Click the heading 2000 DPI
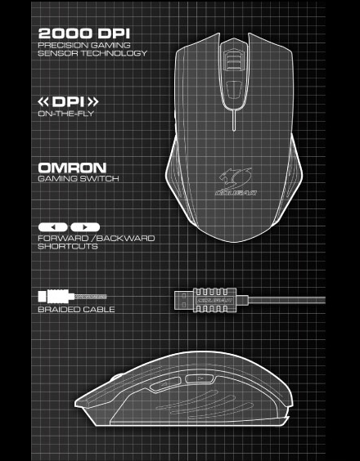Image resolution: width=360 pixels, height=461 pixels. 84,34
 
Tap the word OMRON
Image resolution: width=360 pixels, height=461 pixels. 72,168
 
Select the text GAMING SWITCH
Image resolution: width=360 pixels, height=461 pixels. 79,178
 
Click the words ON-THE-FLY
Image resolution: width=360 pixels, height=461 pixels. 66,114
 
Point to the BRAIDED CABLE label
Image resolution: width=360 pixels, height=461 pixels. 77,309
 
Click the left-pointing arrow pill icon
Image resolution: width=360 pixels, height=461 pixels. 53,227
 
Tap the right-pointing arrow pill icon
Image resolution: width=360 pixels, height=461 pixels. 85,227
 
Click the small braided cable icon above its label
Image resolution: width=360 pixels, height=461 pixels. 73,297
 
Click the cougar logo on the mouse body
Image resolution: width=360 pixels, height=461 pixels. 235,182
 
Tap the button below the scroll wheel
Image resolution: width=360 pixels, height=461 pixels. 234,91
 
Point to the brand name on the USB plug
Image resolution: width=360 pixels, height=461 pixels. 215,301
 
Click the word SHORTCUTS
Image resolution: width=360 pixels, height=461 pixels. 68,246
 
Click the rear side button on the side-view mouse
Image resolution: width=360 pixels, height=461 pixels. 199,378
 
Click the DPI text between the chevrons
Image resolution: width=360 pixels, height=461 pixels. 68,102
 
